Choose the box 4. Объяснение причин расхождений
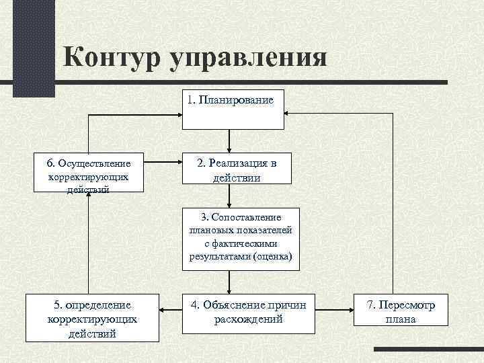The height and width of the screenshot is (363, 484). click(248, 312)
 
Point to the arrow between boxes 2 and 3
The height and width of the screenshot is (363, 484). click(230, 196)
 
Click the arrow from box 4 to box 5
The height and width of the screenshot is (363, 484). click(171, 310)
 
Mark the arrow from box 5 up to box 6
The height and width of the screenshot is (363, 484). click(88, 242)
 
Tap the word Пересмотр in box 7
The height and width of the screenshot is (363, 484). click(414, 305)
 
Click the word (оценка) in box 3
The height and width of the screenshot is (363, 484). click(272, 257)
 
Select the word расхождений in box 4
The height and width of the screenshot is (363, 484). click(248, 319)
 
